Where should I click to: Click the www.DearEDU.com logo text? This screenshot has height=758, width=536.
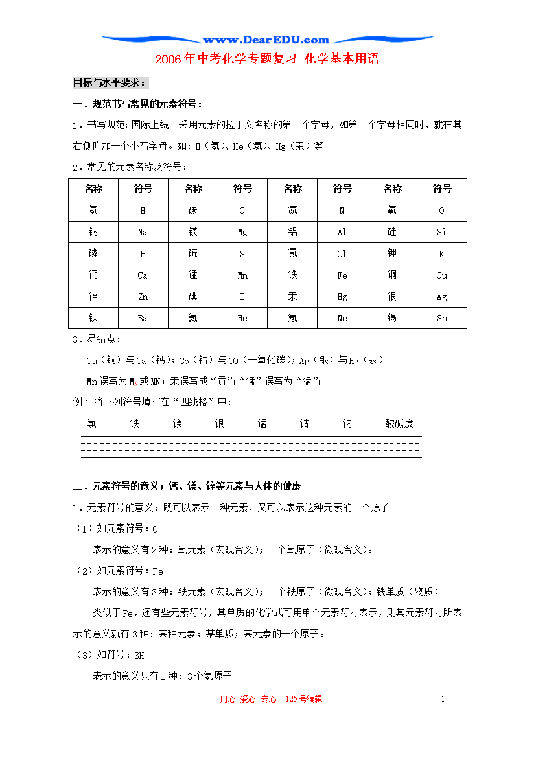tap(266, 40)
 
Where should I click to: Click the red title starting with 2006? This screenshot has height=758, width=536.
tap(266, 59)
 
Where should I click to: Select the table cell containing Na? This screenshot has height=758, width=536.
tap(143, 232)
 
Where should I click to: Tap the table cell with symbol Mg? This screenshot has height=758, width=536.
tap(242, 232)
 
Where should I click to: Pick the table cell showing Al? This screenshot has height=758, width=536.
tap(342, 232)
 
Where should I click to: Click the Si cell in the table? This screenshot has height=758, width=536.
tap(442, 232)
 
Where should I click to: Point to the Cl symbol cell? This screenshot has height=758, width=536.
tap(342, 254)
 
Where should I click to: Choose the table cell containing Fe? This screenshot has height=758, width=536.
tap(342, 275)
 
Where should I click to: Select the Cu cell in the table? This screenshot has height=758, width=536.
tap(442, 275)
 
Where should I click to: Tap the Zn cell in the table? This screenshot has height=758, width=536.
tap(143, 297)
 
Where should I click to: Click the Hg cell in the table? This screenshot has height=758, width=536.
tap(342, 297)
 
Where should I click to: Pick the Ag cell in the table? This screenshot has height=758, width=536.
tap(442, 297)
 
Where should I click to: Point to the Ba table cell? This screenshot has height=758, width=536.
tap(143, 318)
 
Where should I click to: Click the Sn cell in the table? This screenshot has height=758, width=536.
tap(442, 318)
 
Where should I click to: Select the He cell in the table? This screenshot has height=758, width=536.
tap(242, 318)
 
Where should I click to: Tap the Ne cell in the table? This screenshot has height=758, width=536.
tap(342, 318)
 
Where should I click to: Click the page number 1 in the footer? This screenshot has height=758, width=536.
tap(443, 699)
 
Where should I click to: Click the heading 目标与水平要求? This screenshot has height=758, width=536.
tap(110, 83)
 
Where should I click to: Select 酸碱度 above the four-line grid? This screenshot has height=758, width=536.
tap(399, 424)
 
